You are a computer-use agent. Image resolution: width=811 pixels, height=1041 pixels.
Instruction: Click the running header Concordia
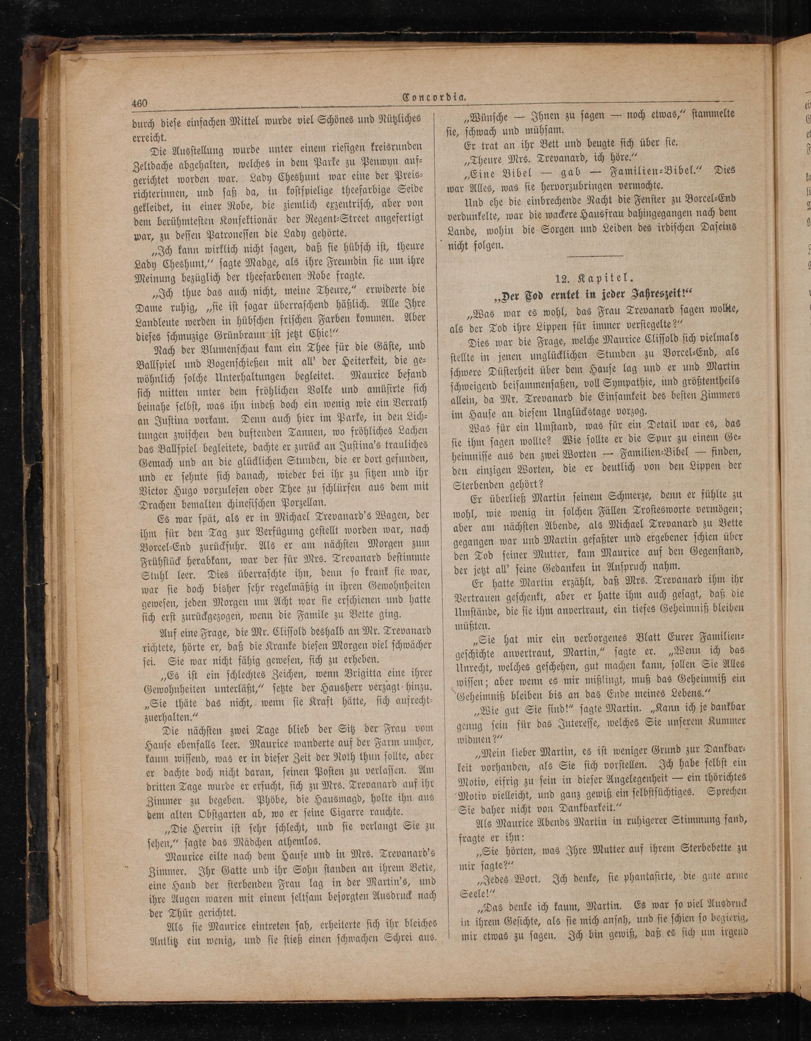click(x=434, y=99)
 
